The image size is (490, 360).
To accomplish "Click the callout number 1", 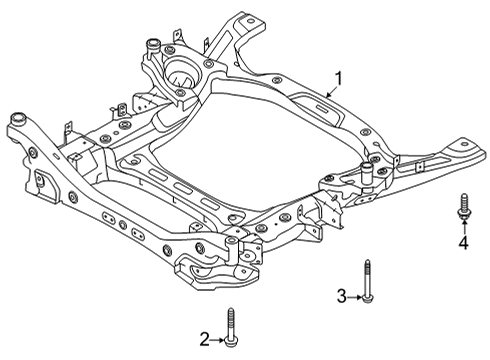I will pyautogui.click(x=338, y=77).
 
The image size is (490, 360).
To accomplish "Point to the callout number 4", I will pyautogui.click(x=463, y=243).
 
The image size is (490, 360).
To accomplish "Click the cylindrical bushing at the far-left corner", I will pyautogui.click(x=18, y=120).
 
